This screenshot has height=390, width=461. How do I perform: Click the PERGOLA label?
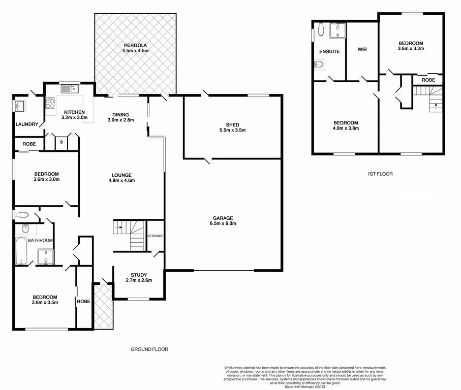coord(135,45)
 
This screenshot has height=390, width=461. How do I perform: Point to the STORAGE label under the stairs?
coord(155,236)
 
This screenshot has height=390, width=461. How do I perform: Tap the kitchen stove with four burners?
coord(50,103)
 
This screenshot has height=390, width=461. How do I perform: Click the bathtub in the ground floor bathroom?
coord(21,252)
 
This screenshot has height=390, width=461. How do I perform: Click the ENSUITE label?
coord(329,52)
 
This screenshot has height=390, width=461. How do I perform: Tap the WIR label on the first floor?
coord(362,49)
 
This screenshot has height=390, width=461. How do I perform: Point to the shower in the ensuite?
coord(336,30)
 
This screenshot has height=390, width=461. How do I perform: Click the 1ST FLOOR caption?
coord(380,174)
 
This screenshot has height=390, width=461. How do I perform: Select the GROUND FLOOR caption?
coord(149,349)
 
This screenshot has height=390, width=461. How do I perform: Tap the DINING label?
coord(118,114)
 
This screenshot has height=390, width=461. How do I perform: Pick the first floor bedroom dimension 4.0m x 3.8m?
coord(346,128)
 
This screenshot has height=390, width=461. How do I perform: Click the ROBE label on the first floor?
coord(427,80)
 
